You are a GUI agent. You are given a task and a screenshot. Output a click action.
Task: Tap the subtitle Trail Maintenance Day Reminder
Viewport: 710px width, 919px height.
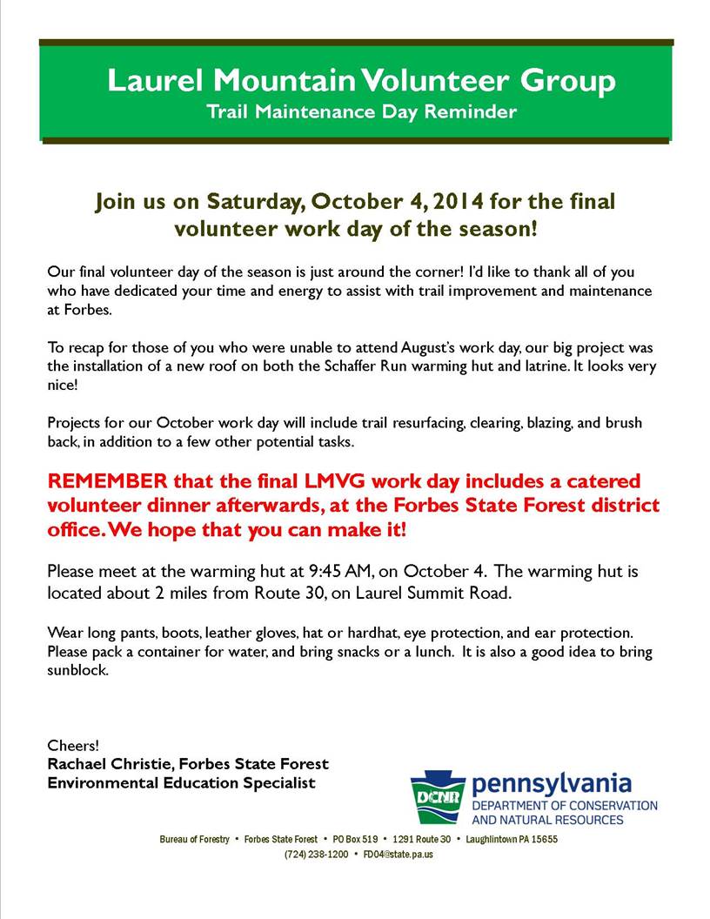tap(361, 111)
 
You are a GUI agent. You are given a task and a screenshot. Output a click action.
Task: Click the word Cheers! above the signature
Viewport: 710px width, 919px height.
tap(73, 746)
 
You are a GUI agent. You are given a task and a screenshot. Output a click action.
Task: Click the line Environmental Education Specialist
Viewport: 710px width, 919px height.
tap(181, 783)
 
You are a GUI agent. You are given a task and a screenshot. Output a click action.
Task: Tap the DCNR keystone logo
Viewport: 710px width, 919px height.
tap(437, 795)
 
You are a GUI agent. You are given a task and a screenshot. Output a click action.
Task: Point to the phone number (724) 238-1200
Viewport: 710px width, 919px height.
tap(317, 855)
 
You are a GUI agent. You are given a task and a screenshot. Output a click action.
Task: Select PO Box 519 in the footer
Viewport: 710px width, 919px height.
tap(355, 840)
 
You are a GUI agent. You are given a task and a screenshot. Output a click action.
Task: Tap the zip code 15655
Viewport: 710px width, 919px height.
tap(544, 840)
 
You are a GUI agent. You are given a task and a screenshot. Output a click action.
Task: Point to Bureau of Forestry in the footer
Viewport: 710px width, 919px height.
tap(194, 840)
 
